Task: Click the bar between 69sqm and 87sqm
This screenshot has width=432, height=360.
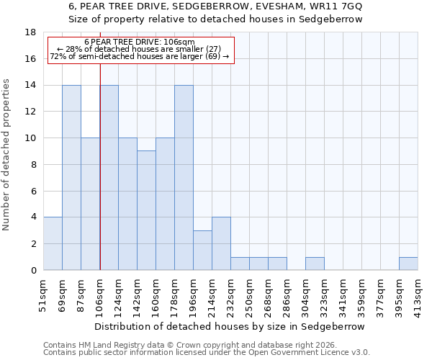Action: pyautogui.click(x=71, y=178)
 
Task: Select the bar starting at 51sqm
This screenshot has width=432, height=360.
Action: pyautogui.click(x=53, y=244)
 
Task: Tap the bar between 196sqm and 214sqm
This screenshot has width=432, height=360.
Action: pyautogui.click(x=202, y=251)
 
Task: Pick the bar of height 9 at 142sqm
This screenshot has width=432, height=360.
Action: pyautogui.click(x=146, y=210)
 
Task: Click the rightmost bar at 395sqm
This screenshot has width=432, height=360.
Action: pyautogui.click(x=408, y=264)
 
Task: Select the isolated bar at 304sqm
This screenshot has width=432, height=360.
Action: pyautogui.click(x=315, y=264)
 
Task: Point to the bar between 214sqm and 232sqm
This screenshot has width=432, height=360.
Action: pyautogui.click(x=221, y=244)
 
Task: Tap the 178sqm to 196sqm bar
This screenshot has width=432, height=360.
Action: pyautogui.click(x=184, y=178)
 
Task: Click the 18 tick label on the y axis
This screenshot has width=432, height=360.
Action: pyautogui.click(x=30, y=32)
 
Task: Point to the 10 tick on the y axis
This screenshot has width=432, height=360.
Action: pyautogui.click(x=30, y=138)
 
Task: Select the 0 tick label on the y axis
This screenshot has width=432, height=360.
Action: pyautogui.click(x=33, y=271)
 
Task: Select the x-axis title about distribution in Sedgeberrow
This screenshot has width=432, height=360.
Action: pyautogui.click(x=230, y=326)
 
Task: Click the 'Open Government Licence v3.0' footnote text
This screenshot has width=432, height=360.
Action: pyautogui.click(x=302, y=353)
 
